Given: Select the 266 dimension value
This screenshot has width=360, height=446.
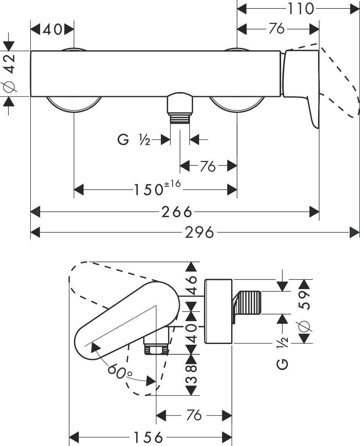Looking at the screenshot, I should (x=177, y=212).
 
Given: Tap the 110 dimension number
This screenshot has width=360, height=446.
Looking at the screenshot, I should (x=300, y=8).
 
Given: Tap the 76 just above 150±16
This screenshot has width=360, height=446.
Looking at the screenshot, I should (x=208, y=166).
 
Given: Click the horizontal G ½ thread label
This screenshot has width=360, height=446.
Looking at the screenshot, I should (x=133, y=140).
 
